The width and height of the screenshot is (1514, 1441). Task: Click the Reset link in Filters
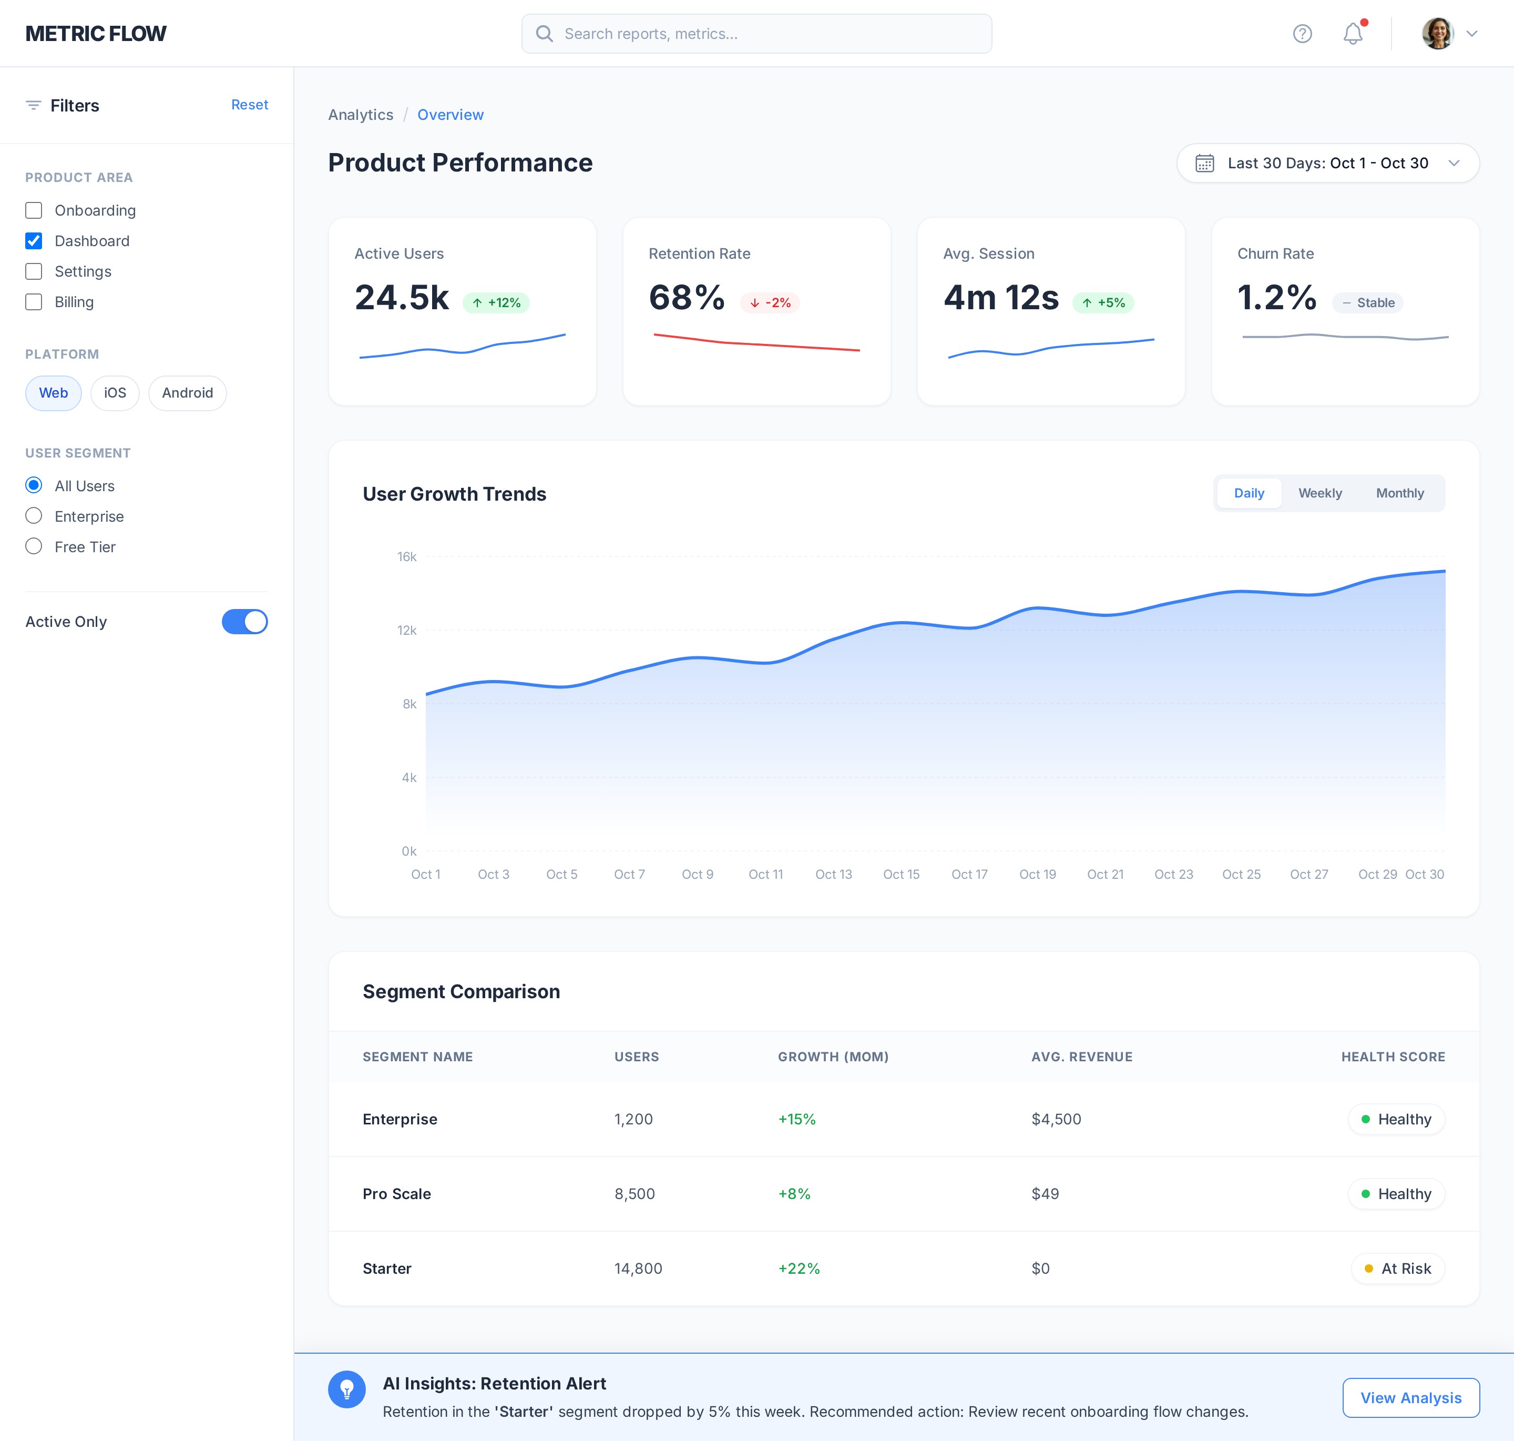pos(250,105)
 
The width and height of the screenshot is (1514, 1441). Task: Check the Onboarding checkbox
pos(34,210)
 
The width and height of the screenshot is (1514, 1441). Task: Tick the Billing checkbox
pos(34,302)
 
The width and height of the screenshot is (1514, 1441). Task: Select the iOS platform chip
pos(115,393)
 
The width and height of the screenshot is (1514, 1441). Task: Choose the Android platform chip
pos(187,393)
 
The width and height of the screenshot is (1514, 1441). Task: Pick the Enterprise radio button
pos(34,516)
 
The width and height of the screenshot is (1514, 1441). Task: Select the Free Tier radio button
pos(34,547)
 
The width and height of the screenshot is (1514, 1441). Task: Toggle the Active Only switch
pos(244,622)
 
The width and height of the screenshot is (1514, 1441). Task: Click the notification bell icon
pos(1353,34)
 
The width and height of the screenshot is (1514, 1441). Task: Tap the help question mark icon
pos(1302,34)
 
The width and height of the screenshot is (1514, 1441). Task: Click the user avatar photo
pos(1437,34)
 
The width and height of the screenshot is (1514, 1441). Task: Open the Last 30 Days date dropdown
pos(1327,163)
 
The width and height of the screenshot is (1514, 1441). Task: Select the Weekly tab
pos(1320,493)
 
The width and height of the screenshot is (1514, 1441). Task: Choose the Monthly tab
pos(1399,493)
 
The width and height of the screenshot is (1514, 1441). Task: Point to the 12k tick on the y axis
pos(407,631)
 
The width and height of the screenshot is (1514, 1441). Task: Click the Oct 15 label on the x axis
pos(902,874)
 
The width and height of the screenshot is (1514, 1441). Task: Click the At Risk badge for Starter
pos(1397,1268)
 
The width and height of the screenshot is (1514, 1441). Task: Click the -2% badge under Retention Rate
pos(770,302)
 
